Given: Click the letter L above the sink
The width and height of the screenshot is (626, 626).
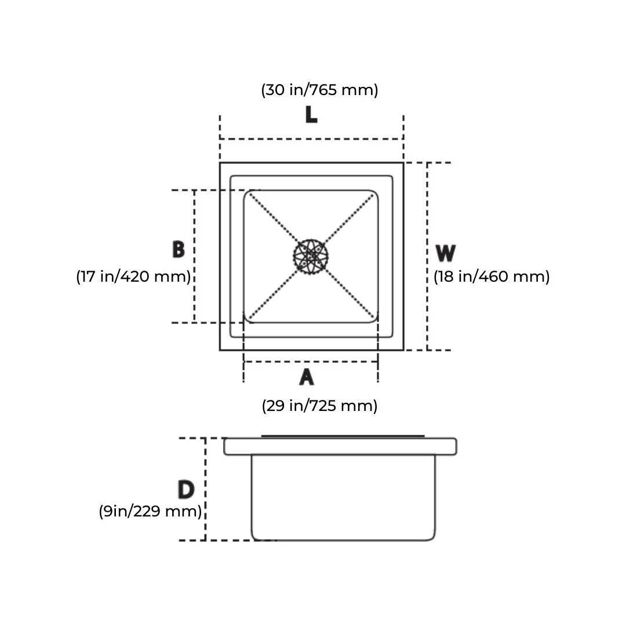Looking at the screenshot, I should point(311,114).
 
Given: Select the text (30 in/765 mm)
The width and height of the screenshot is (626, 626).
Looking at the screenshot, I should point(319,90).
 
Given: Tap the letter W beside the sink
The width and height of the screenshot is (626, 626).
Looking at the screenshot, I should point(445,253).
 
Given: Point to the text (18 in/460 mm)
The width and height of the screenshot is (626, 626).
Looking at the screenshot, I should point(492,276).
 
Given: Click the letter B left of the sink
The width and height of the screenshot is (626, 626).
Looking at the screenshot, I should point(179,249).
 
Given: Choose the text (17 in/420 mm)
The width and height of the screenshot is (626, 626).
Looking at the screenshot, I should point(133,276).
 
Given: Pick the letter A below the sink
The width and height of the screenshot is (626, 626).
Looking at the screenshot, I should point(307,377).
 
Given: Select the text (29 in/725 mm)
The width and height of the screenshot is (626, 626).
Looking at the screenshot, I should point(319,405).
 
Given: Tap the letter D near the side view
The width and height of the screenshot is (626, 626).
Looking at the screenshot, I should point(185,490).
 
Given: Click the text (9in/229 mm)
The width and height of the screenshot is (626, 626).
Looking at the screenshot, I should point(150,512).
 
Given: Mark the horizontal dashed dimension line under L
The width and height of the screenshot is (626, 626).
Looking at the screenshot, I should point(311,139).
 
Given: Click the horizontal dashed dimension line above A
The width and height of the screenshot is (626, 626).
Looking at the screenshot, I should point(311,362).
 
